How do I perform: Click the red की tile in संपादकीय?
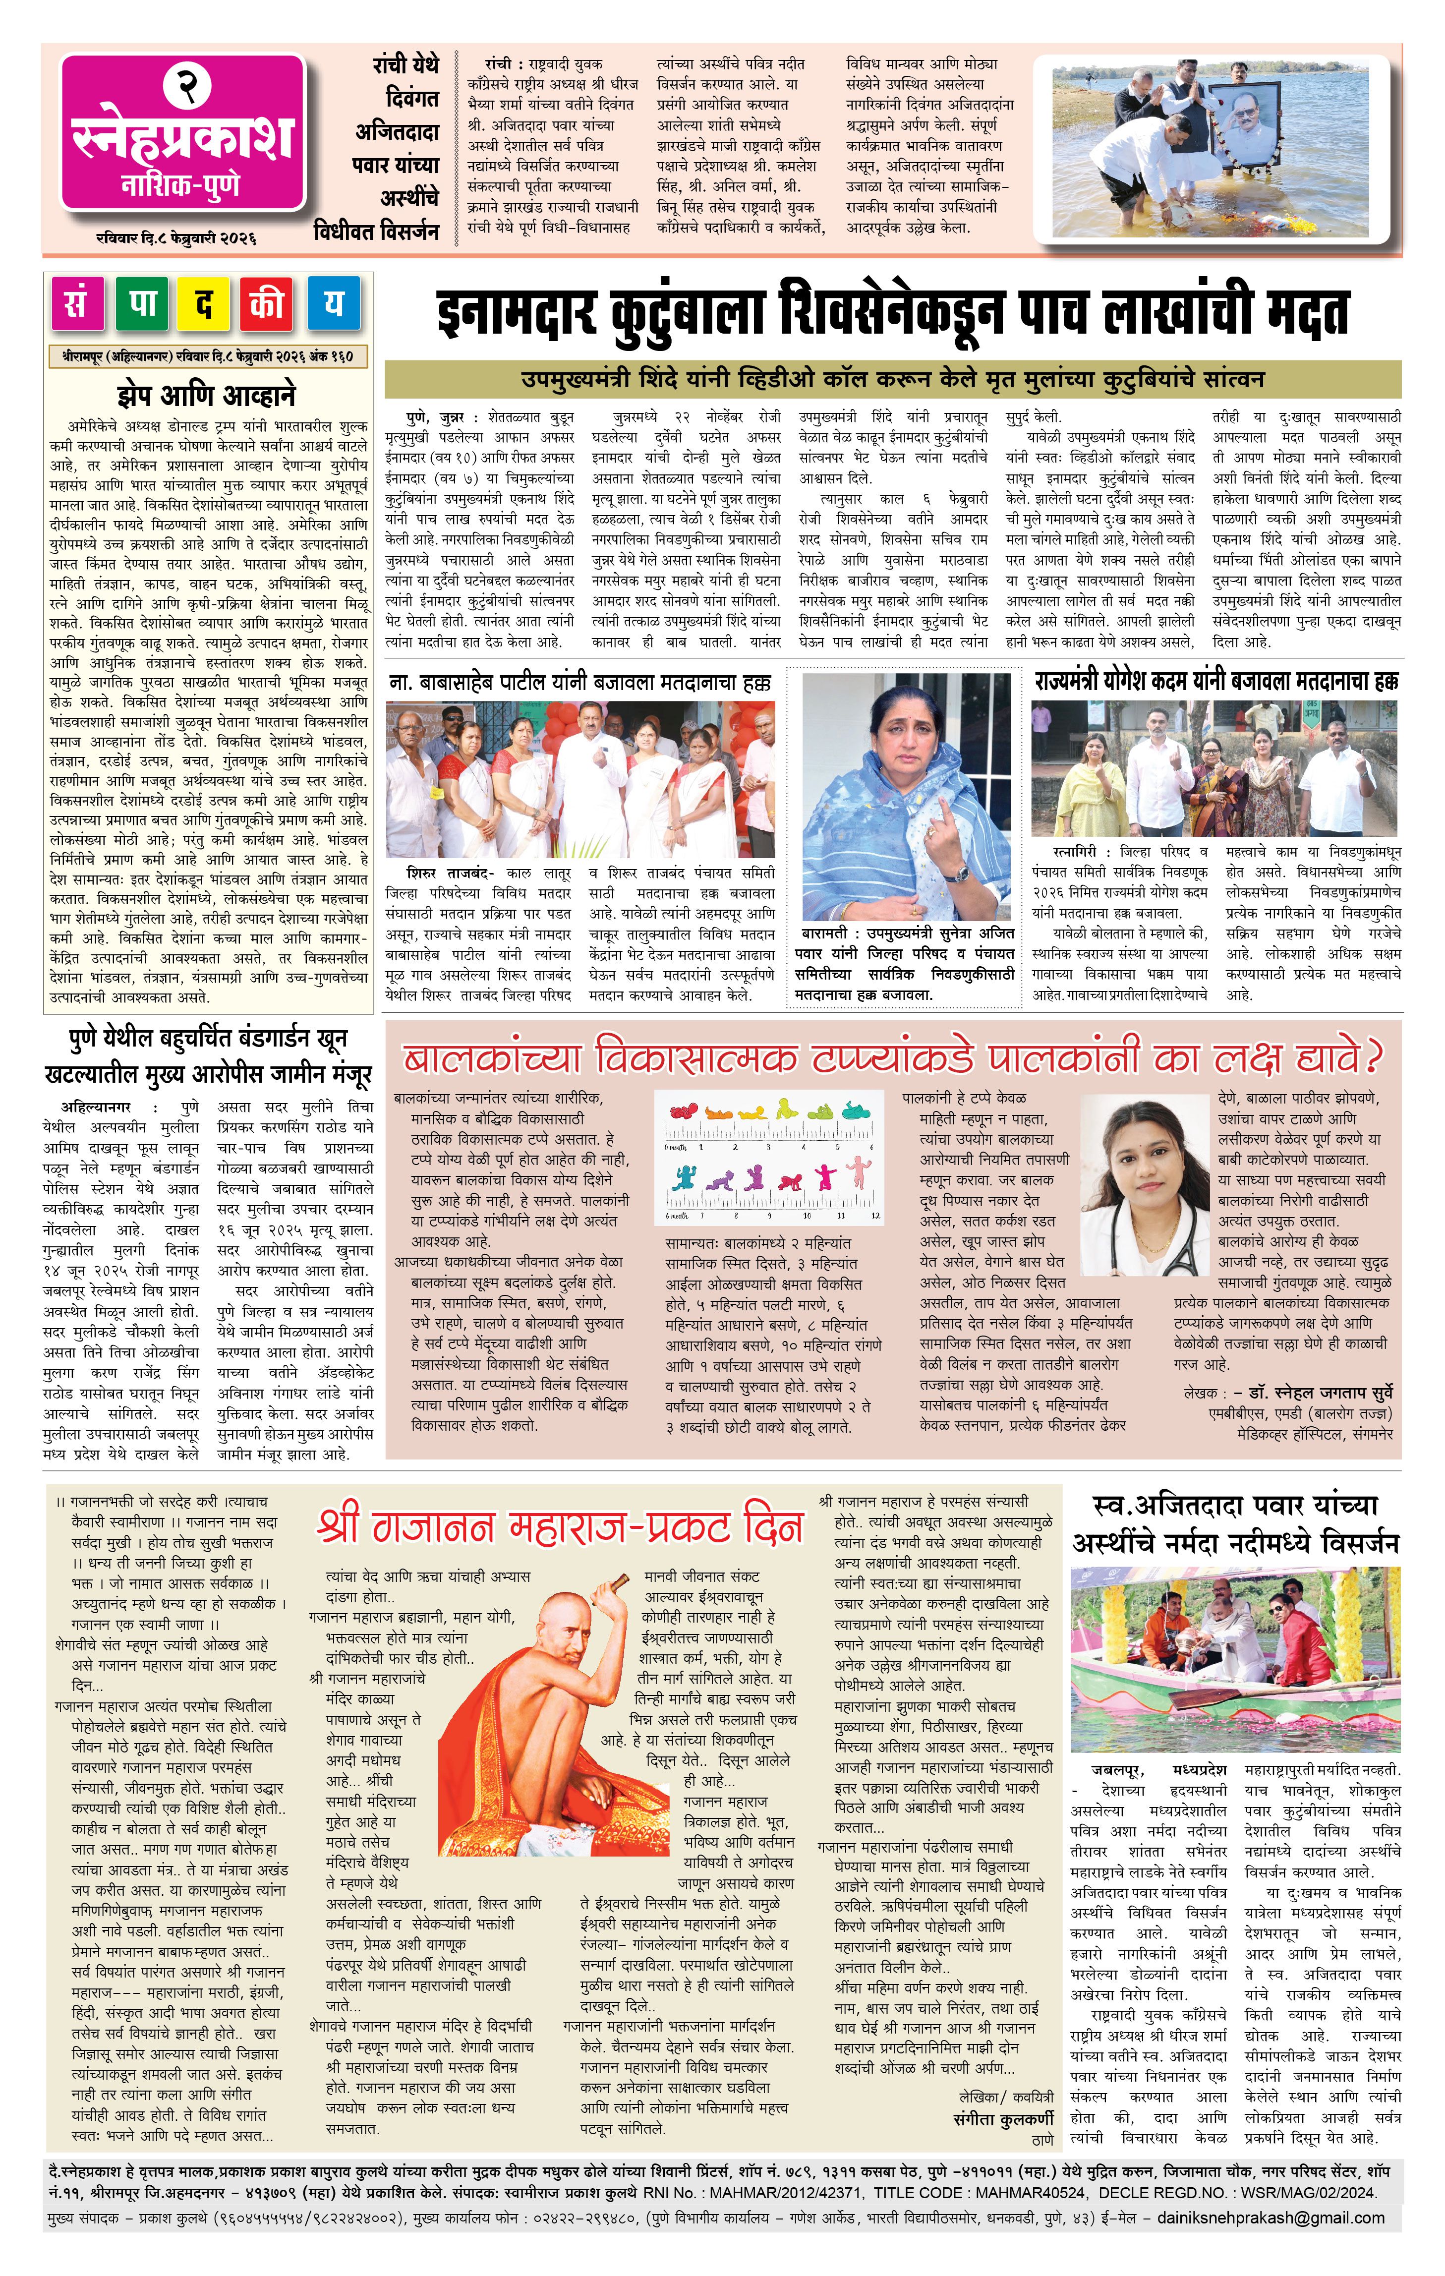[268, 304]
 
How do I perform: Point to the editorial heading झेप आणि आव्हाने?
[206, 394]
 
